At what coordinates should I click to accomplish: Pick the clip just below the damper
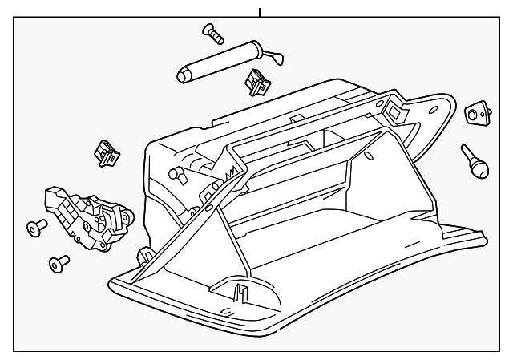[x=255, y=80]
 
